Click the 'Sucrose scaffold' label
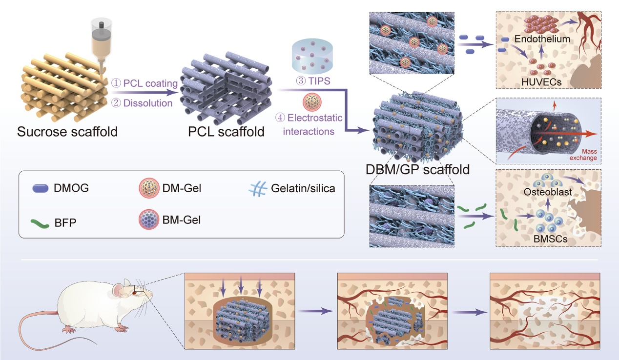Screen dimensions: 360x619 pyautogui.click(x=67, y=131)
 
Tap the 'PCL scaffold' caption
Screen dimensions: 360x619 pyautogui.click(x=226, y=131)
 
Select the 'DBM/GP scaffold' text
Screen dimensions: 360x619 pyautogui.click(x=417, y=169)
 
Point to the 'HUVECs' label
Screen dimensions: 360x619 pyautogui.click(x=541, y=82)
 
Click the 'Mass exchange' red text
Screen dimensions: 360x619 pyautogui.click(x=584, y=155)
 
